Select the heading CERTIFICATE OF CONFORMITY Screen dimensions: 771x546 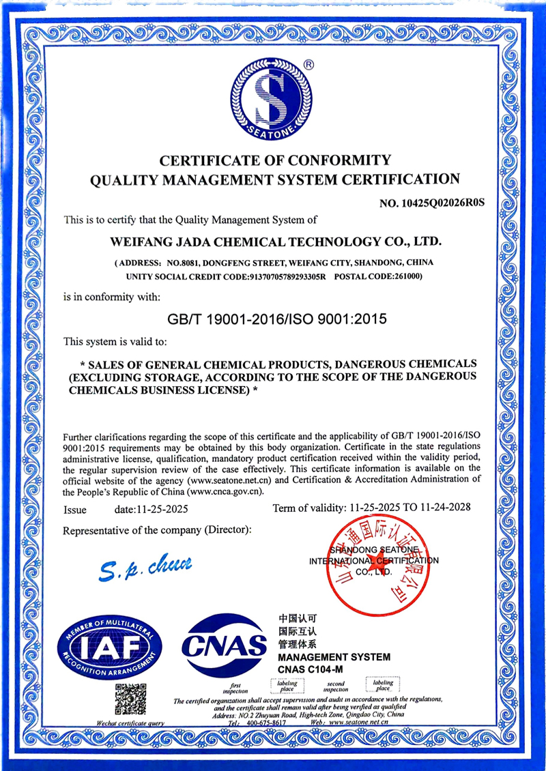275,161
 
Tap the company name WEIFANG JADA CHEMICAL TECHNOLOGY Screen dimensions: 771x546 276,242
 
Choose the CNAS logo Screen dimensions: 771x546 225,643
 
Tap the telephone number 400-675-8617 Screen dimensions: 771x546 266,722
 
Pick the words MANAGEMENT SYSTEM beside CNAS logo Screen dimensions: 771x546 334,657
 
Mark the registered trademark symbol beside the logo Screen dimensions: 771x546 308,65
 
